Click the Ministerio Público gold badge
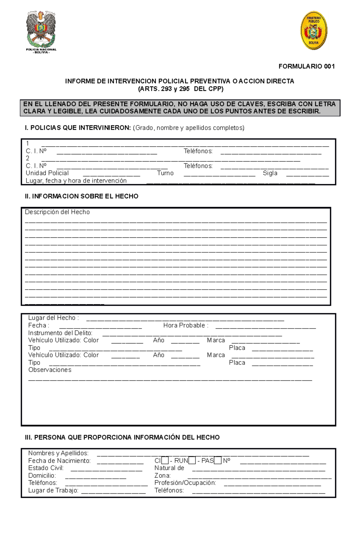[x=314, y=30]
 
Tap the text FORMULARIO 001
[x=306, y=66]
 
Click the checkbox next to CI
[x=165, y=460]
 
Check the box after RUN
[x=192, y=460]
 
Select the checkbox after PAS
[x=218, y=460]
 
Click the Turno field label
[x=165, y=173]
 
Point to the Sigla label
[x=270, y=173]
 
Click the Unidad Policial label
[x=47, y=173]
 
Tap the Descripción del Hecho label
[x=57, y=212]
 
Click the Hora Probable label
[x=185, y=325]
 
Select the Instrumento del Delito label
[x=60, y=333]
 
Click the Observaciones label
[x=50, y=370]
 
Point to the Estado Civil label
[x=46, y=468]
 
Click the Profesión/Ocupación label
[x=185, y=483]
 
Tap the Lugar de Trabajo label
[x=53, y=490]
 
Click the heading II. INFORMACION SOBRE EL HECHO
[x=82, y=196]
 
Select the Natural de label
[x=169, y=468]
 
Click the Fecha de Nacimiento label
[x=59, y=461]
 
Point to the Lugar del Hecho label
[x=53, y=318]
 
